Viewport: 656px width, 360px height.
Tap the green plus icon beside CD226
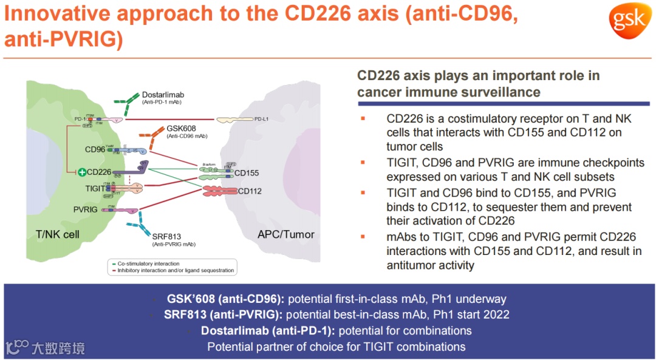pyautogui.click(x=82, y=172)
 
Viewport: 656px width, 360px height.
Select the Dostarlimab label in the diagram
pyautogui.click(x=163, y=95)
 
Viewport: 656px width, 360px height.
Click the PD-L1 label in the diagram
pyautogui.click(x=262, y=119)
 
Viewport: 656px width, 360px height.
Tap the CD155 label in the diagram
pyautogui.click(x=247, y=173)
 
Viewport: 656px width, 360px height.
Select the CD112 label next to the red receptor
pyautogui.click(x=250, y=191)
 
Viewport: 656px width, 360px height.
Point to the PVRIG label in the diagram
pyautogui.click(x=86, y=209)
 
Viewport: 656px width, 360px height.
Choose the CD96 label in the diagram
pyautogui.click(x=95, y=149)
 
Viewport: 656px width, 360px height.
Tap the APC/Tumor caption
pyautogui.click(x=285, y=234)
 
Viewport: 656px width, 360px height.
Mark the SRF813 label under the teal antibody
pyautogui.click(x=167, y=237)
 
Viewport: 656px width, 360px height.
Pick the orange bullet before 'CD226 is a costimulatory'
pyautogui.click(x=363, y=118)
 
